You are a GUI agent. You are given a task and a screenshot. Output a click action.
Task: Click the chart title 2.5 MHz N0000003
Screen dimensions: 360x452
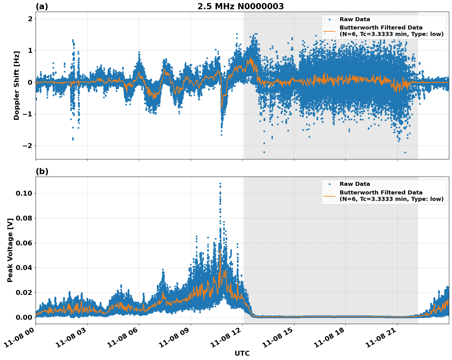(240, 6)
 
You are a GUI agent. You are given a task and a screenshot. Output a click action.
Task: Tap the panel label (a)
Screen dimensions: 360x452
(42, 6)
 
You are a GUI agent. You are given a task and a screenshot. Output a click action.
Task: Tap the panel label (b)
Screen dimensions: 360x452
(42, 171)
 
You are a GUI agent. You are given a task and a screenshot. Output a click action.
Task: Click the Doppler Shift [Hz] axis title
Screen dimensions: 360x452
(17, 85)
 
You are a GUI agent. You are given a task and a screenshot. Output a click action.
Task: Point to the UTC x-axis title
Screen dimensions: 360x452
(242, 353)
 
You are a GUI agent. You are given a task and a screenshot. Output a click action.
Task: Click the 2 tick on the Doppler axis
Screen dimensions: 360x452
(30, 19)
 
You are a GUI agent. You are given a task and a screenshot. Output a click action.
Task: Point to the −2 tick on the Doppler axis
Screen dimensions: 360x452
(28, 146)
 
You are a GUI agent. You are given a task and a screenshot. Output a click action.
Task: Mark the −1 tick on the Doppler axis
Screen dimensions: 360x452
(28, 114)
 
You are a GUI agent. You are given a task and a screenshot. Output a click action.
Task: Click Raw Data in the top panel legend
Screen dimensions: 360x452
(355, 19)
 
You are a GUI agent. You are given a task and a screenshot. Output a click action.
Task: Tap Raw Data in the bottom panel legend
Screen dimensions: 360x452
(355, 184)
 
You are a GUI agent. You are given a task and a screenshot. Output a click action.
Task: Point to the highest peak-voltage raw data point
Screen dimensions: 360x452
(220, 184)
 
